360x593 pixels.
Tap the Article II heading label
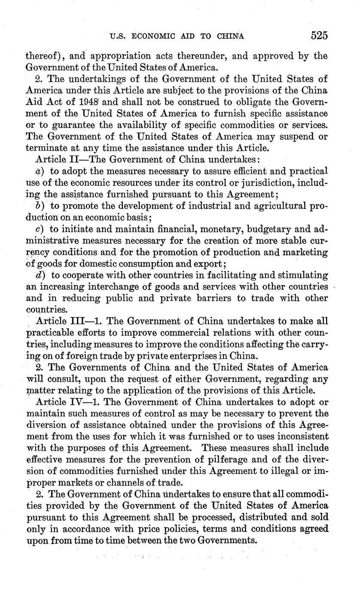pyautogui.click(x=53, y=159)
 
